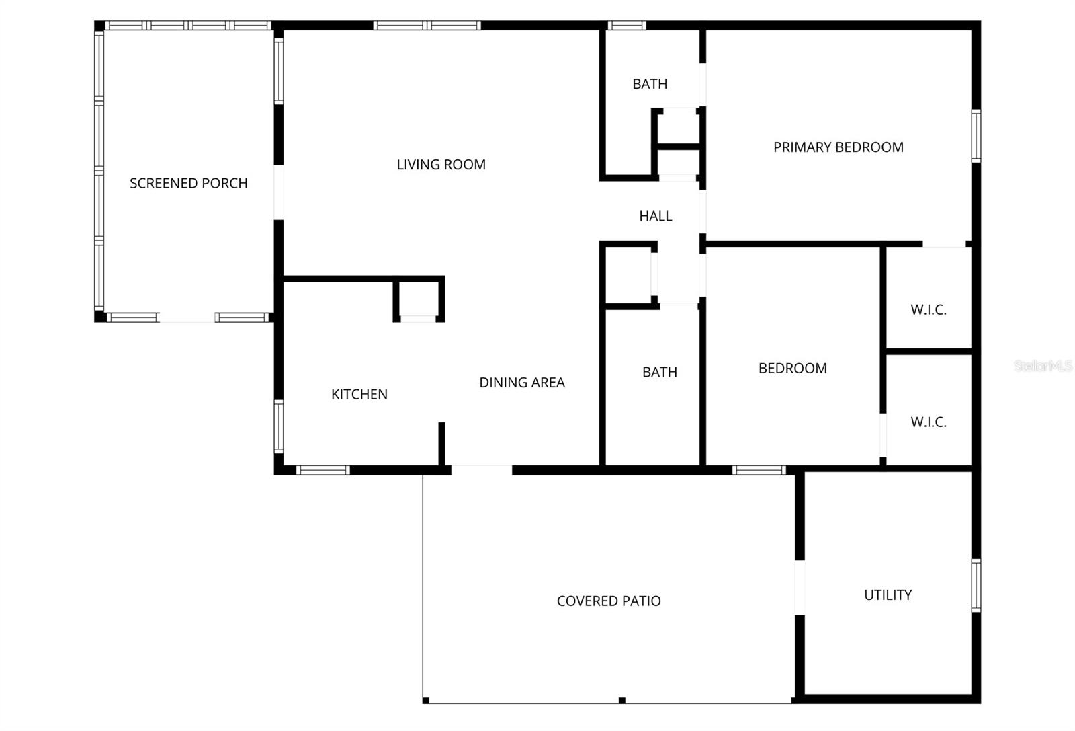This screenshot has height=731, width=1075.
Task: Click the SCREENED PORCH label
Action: point(188,183)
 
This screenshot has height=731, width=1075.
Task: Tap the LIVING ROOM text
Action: point(441,165)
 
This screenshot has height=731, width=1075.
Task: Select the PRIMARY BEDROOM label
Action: point(838,147)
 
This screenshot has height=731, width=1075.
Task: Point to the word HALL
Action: point(655,216)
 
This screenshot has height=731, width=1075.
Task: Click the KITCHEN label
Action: point(359,394)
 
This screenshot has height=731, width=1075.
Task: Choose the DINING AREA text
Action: point(521,383)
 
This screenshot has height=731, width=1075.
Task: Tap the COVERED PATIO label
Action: point(609,601)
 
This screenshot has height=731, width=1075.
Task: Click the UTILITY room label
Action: point(888,595)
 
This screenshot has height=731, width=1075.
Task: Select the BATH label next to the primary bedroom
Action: point(650,84)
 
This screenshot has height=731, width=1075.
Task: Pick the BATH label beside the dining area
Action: point(659,372)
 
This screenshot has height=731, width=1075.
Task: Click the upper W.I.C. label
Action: point(929,310)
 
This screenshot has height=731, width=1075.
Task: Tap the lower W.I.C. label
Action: point(929,422)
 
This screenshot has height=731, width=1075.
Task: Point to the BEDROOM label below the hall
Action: point(792,369)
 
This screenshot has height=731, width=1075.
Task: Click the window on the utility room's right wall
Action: point(976,585)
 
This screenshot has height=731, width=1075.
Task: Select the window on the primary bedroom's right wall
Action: point(976,136)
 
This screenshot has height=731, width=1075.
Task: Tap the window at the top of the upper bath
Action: point(627,26)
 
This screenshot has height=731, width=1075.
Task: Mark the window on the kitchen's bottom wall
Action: point(323,470)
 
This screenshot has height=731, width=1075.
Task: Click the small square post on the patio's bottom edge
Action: point(622,701)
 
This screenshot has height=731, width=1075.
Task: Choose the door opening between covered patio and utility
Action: point(800,588)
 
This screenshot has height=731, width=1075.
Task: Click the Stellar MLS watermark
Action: point(1043,367)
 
